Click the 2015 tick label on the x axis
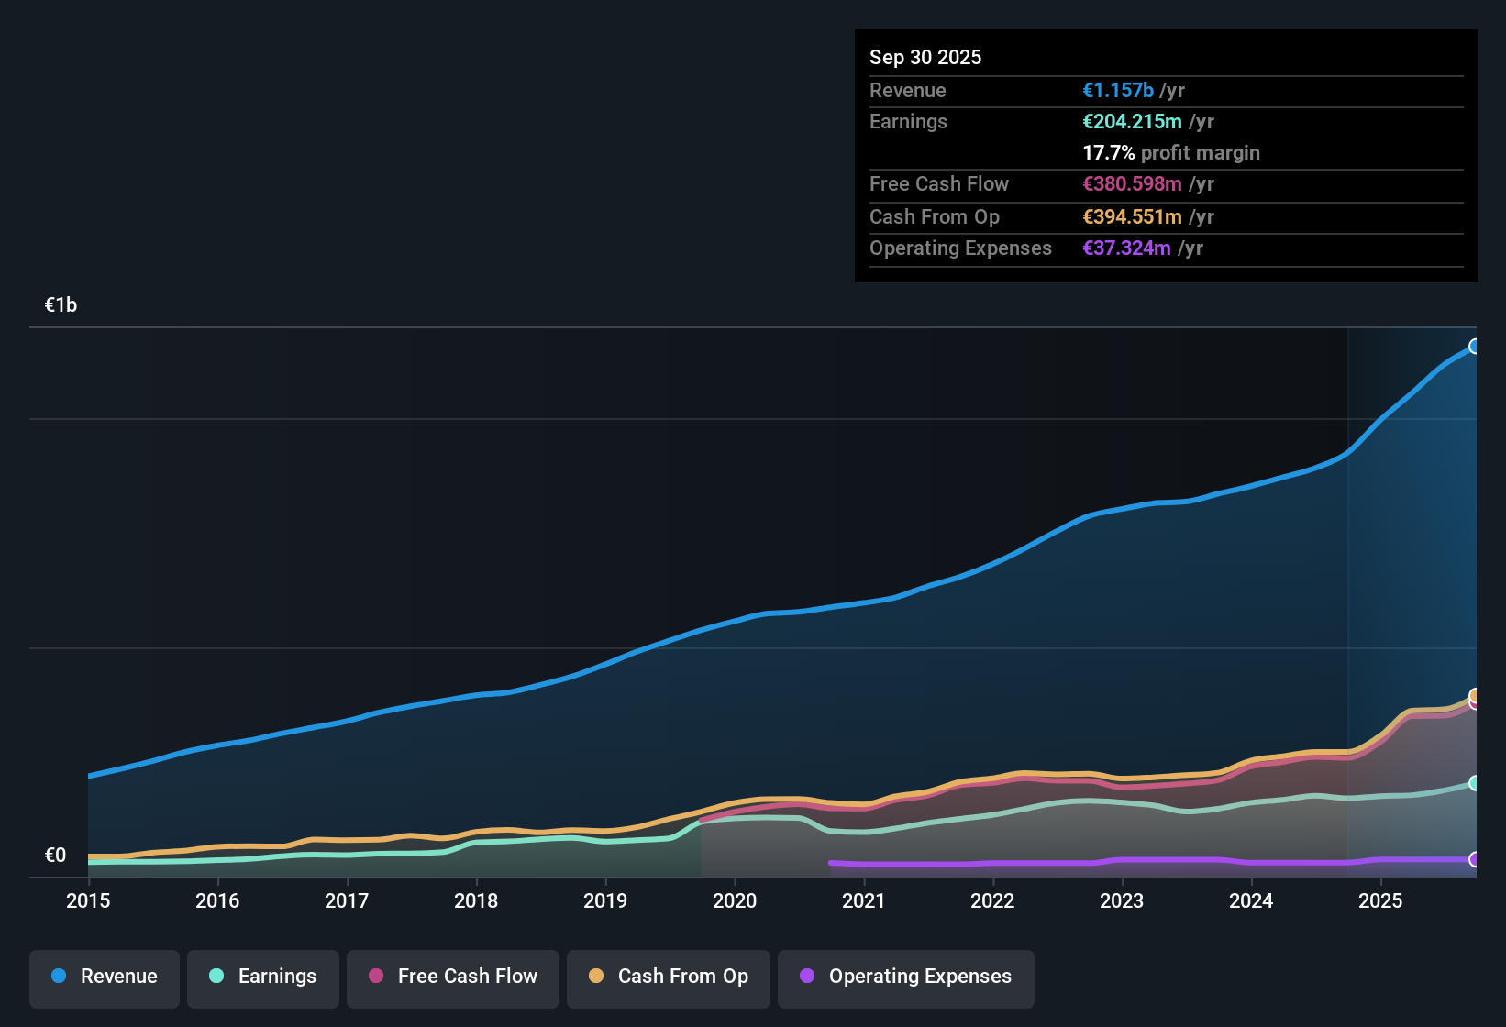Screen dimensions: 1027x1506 88,900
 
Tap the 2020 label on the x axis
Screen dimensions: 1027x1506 735,900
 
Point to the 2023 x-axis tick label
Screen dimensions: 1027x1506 1122,900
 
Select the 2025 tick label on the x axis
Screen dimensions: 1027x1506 1380,900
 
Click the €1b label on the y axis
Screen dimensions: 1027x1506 61,305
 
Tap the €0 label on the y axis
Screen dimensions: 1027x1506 56,856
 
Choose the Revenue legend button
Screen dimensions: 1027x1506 105,977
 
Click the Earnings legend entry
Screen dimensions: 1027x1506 263,977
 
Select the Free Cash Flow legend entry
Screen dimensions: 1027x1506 453,977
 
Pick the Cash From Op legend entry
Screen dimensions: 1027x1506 669,977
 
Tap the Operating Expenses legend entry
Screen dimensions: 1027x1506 906,977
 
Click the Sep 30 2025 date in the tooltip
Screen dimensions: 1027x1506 925,57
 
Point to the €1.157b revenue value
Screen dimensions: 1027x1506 1118,90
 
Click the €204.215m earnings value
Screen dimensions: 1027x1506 1132,121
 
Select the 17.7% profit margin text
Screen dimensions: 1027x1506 1171,152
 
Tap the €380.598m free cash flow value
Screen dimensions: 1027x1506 1132,183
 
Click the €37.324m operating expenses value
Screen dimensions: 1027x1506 1126,248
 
